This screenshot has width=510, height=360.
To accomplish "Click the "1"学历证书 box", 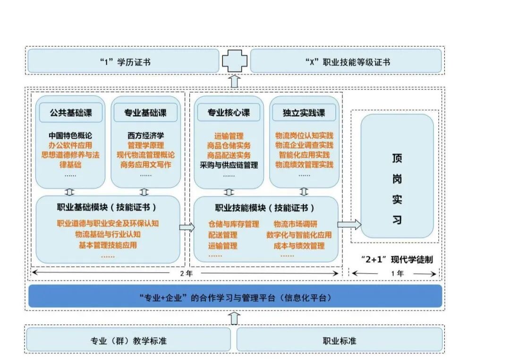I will pyautogui.click(x=123, y=61).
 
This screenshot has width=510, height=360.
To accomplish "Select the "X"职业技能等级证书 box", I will pyautogui.click(x=346, y=61).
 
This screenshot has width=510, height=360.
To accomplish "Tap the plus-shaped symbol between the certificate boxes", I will pyautogui.click(x=235, y=61).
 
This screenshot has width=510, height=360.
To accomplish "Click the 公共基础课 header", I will pyautogui.click(x=70, y=113).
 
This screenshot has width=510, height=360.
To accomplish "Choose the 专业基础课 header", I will pyautogui.click(x=145, y=113).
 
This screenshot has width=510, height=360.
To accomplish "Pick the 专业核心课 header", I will pyautogui.click(x=229, y=113).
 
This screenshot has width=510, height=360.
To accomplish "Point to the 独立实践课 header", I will pyautogui.click(x=304, y=113).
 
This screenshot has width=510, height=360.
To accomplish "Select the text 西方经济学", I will pyautogui.click(x=146, y=136).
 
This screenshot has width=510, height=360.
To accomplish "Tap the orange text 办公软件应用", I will pyautogui.click(x=70, y=145).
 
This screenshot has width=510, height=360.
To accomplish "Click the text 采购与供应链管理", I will pyautogui.click(x=229, y=165).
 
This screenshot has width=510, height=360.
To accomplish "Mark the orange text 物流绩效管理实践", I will pyautogui.click(x=304, y=165).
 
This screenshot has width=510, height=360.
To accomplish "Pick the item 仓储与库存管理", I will pyautogui.click(x=234, y=224).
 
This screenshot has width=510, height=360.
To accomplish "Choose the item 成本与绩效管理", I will pyautogui.click(x=299, y=245).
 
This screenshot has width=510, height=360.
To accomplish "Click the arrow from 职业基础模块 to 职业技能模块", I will pyautogui.click(x=187, y=227).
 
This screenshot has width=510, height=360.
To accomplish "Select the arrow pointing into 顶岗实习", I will pyautogui.click(x=349, y=225).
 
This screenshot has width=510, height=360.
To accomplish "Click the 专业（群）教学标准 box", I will pyautogui.click(x=128, y=340).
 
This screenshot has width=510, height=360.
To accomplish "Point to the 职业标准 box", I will pyautogui.click(x=339, y=340).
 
